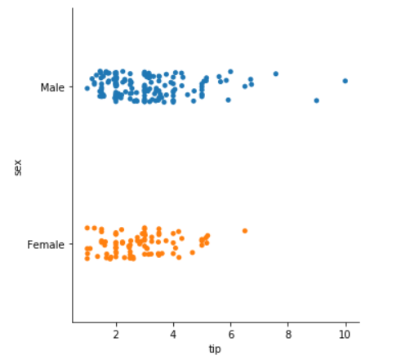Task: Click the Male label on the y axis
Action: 52,87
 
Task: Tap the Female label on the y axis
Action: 47,244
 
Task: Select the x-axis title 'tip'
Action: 215,349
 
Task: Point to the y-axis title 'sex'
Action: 17,167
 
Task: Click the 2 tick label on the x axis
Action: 116,334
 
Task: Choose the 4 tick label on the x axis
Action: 173,334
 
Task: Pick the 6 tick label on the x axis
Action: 230,334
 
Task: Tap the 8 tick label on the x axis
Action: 287,334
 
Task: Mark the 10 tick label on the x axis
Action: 345,334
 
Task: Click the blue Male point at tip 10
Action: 345,81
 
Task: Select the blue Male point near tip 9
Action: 316,100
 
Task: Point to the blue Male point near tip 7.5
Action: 275,73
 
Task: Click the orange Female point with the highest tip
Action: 244,231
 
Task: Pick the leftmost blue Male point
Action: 87,88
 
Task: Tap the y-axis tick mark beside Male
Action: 70,87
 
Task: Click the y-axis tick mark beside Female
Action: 70,244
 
